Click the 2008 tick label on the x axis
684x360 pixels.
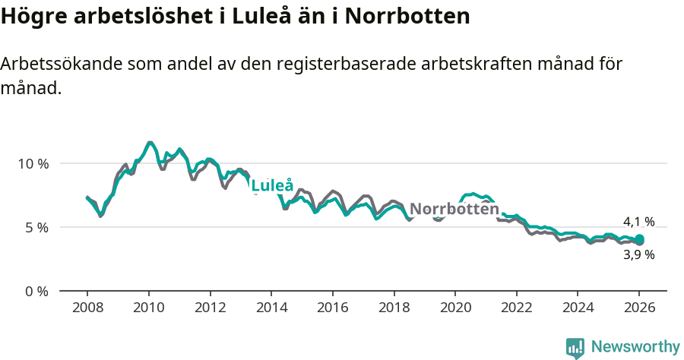(x=87, y=308)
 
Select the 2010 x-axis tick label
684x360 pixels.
(x=148, y=308)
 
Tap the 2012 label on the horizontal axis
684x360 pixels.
(x=210, y=308)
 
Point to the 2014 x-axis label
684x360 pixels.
(x=271, y=308)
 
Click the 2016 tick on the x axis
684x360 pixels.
(x=332, y=308)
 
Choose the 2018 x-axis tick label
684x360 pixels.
(x=394, y=308)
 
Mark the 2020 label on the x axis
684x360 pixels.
(x=455, y=308)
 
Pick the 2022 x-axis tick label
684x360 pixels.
(x=516, y=308)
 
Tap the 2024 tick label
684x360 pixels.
(x=578, y=308)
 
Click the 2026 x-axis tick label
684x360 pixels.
(x=639, y=308)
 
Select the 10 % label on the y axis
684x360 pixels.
(x=33, y=163)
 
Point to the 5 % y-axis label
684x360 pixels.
(x=36, y=227)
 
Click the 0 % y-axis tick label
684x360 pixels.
(x=36, y=291)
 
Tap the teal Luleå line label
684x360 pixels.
(x=272, y=185)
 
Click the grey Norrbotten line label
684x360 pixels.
(x=454, y=209)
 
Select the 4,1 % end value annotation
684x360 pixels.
(x=639, y=222)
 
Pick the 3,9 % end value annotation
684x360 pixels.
(x=639, y=255)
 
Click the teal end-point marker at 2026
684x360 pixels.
(x=639, y=239)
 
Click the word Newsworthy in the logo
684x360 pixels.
(x=635, y=347)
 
